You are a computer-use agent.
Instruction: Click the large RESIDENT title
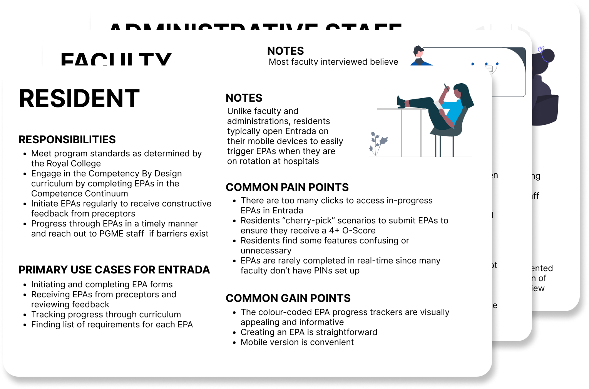[79, 99]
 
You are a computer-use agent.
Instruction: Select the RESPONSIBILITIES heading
[67, 139]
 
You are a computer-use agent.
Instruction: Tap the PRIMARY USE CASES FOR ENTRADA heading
[114, 270]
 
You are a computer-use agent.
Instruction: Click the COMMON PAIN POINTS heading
[287, 187]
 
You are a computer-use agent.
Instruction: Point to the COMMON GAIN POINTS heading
[288, 298]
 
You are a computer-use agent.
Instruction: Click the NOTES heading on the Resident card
[244, 98]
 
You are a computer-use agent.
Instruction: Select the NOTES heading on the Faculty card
[285, 51]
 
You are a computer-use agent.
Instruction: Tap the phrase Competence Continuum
[79, 193]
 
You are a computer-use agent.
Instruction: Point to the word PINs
[314, 270]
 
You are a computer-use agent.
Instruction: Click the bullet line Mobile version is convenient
[297, 342]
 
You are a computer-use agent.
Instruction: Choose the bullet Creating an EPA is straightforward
[309, 332]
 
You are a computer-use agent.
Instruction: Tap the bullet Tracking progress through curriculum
[106, 314]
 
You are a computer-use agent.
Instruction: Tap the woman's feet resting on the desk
[402, 101]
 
